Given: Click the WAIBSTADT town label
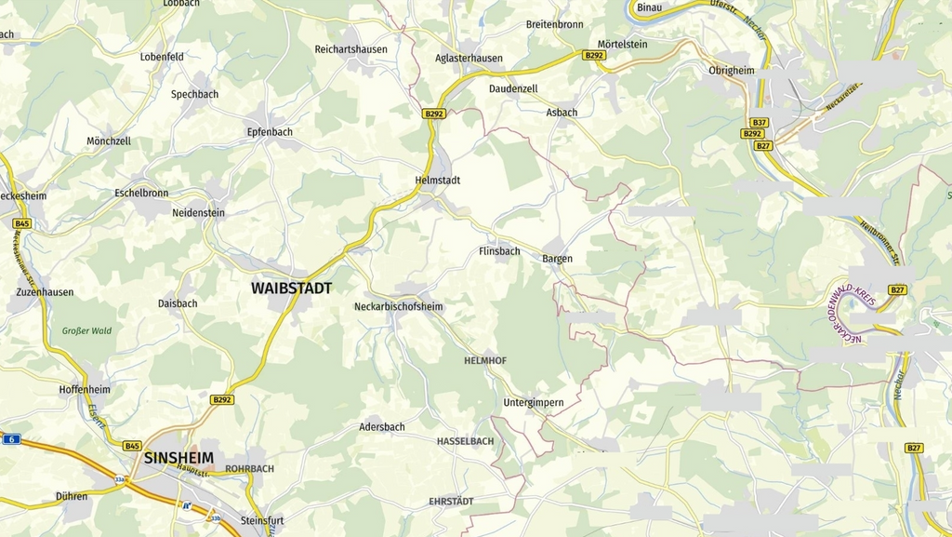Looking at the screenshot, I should (291, 289).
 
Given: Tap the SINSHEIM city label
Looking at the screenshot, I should (178, 458).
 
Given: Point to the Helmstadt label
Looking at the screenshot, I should (438, 180).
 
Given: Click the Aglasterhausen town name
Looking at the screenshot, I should (469, 58).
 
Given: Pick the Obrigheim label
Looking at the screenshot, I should (732, 71).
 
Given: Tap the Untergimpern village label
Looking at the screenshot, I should (533, 402).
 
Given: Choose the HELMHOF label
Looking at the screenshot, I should (486, 359).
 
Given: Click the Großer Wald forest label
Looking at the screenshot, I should (86, 330).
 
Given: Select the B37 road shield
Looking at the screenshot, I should (760, 123).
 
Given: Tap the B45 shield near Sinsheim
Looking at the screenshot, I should (132, 446).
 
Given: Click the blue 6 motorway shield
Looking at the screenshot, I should (10, 439).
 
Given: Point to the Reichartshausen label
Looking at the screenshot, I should (351, 48).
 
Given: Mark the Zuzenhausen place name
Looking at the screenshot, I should (45, 291).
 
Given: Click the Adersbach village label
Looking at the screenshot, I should (382, 427).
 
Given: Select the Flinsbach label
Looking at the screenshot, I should (499, 251).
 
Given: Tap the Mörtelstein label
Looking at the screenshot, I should (622, 45).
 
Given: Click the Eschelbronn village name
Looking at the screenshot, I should (141, 194).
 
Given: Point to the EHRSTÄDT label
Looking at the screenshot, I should (451, 502).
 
